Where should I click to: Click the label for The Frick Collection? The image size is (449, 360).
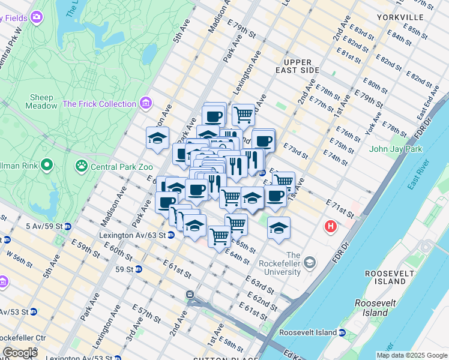tap(99, 104)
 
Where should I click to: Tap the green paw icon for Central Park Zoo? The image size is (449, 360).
tap(81, 164)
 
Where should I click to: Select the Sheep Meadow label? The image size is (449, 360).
tap(41, 101)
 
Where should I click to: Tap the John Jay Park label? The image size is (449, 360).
tap(396, 149)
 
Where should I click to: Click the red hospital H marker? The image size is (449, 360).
tap(330, 227)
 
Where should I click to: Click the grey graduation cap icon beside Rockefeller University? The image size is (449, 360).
tap(310, 262)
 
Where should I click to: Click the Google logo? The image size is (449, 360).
tap(20, 353)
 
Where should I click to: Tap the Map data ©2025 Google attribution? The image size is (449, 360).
tap(412, 355)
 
